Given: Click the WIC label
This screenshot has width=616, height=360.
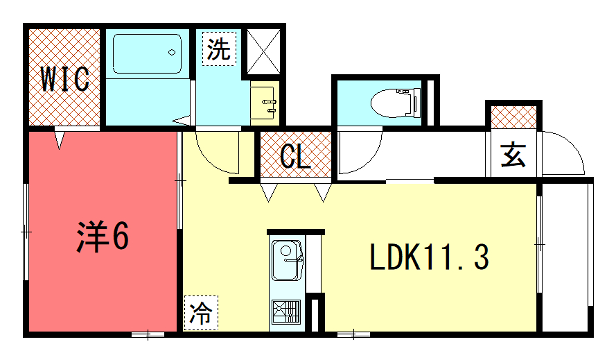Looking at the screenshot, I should coord(65,78).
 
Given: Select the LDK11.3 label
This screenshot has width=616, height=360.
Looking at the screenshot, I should coord(429,259).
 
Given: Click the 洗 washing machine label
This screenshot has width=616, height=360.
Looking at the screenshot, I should coord(219,48).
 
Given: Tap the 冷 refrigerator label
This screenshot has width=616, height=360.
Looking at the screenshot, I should coord(200,313).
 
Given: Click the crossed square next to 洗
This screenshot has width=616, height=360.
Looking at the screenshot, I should coord(265,47).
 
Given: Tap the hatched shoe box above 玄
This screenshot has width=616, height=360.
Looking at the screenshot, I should coord(514,117).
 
